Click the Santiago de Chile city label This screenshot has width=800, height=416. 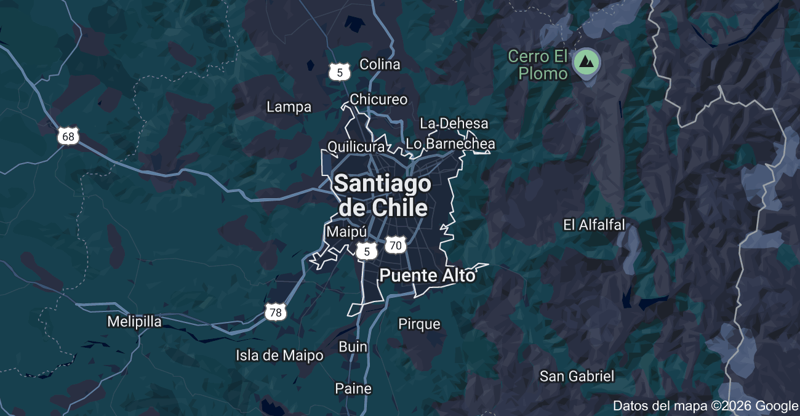coord(382,195)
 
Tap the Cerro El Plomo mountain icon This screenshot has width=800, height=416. coord(586,62)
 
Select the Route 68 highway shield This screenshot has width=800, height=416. coord(68,136)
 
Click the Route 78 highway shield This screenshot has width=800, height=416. coord(276,312)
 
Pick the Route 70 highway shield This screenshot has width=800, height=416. coord(396,246)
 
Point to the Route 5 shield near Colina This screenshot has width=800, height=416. coord(339,72)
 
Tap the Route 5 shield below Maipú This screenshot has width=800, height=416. coord(367,251)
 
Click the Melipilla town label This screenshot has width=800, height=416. coord(134,321)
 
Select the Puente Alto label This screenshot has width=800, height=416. coord(428,275)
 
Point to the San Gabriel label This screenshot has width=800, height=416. coord(577,376)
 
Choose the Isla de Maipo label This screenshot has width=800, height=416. coord(279,355)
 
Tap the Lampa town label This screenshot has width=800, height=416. coord(289,107)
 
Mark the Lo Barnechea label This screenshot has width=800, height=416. coord(450,144)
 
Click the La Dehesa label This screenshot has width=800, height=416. coord(454,124)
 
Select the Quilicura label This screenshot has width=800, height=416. coord(356,147)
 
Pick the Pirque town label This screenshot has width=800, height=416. coord(419,324)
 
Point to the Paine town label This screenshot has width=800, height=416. coord(353,388)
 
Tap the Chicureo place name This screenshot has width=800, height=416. coord(378,99)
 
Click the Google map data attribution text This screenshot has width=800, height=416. coord(705,406)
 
